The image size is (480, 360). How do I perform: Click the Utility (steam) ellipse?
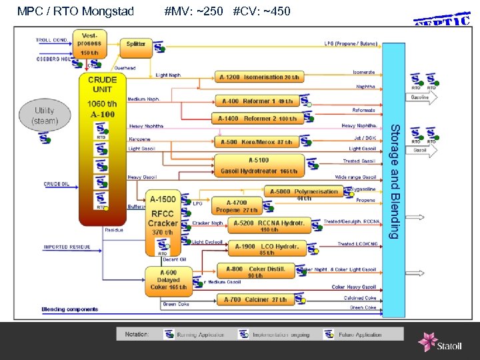(45, 115)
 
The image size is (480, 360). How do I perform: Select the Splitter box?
(136, 44)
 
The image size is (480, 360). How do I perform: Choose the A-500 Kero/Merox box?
(257, 142)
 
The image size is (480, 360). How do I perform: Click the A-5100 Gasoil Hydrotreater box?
(259, 165)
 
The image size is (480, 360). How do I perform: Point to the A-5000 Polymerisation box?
(304, 193)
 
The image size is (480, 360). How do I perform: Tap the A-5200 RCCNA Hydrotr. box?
(269, 225)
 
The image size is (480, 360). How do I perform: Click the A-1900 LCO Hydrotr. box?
(266, 249)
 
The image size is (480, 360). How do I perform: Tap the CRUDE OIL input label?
(57, 184)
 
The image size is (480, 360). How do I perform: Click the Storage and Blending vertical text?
(394, 181)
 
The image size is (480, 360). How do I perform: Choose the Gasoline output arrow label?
(420, 97)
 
